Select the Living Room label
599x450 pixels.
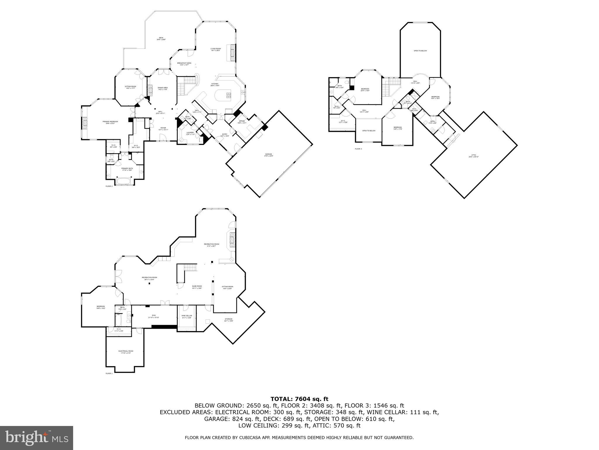(x=216, y=49)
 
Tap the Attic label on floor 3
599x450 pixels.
(x=474, y=156)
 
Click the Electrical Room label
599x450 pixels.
(x=126, y=352)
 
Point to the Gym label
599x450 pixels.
(x=153, y=316)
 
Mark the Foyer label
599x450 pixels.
(x=163, y=128)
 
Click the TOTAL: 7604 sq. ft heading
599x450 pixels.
(x=299, y=399)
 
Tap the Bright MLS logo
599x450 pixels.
(x=37, y=438)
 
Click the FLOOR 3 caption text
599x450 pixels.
(x=358, y=149)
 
